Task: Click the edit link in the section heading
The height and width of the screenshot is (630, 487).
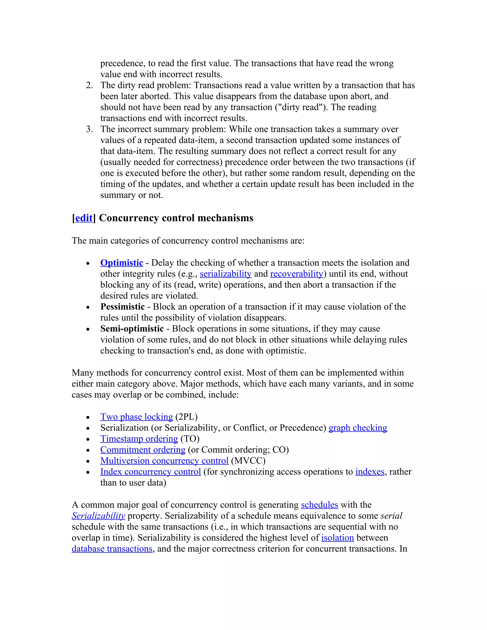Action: tap(84, 218)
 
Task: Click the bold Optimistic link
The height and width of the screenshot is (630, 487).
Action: tap(122, 263)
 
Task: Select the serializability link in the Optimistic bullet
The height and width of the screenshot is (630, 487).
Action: tap(225, 274)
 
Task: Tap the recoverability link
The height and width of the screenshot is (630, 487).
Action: tap(296, 274)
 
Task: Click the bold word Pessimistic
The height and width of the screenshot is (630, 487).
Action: tap(122, 307)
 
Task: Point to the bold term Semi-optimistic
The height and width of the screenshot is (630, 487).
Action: tap(132, 329)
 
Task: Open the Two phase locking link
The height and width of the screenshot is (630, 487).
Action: tap(136, 417)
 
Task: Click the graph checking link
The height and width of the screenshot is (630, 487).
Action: tap(358, 428)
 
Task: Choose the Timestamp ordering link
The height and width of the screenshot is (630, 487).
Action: tap(139, 439)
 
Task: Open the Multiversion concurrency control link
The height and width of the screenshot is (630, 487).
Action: tap(164, 461)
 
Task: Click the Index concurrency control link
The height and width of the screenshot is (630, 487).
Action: tap(150, 472)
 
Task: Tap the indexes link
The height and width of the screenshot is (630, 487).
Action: tap(370, 472)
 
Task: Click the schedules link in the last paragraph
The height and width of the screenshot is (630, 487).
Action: tap(319, 505)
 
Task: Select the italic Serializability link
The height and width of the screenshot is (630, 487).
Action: tap(98, 516)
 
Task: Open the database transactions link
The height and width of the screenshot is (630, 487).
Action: tap(112, 549)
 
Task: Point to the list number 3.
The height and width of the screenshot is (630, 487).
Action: tap(89, 129)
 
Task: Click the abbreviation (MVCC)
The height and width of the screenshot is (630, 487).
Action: tap(248, 461)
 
